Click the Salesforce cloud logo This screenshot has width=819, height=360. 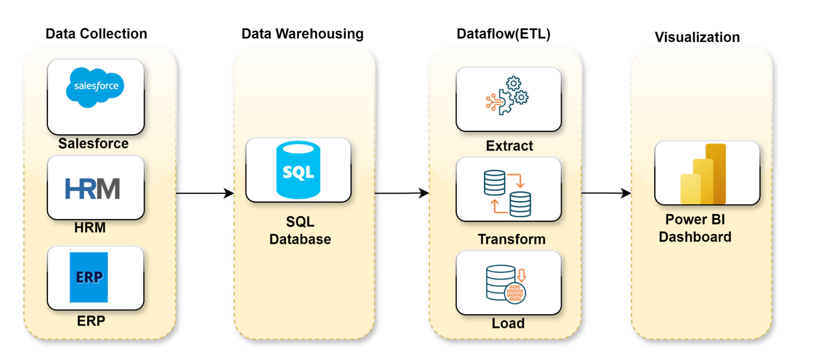pos(95,87)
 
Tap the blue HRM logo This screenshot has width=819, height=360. pos(93,188)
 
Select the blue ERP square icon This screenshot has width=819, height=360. pos(88,277)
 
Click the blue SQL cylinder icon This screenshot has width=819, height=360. pos(298,170)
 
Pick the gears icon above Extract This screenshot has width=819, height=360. pos(507,95)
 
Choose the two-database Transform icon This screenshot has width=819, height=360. pos(507,193)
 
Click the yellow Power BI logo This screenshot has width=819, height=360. pos(703,174)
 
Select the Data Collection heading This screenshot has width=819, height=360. pos(96,34)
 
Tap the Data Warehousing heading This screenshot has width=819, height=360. pos(302,34)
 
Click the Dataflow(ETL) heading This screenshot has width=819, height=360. pos(504,34)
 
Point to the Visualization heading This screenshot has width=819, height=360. pos(697,37)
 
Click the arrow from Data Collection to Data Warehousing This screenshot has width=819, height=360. pos(205,193)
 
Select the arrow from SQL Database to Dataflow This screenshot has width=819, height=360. pos(402,193)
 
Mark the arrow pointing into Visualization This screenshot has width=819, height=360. pos(606,193)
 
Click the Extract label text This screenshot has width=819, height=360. pos(509,146)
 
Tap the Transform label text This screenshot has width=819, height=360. pos(512,239)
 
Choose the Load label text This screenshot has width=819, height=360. pos(508,323)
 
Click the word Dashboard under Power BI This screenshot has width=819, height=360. pos(695,237)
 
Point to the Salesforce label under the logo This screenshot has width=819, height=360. pos(93,143)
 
